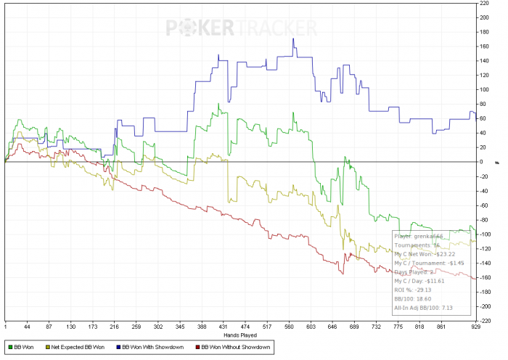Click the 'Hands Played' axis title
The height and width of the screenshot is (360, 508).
(239, 335)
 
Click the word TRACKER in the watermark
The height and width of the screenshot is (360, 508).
(276, 28)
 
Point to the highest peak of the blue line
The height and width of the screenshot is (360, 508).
(292, 39)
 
